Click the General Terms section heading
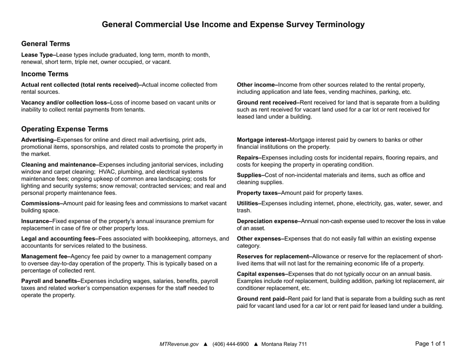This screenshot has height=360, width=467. (45, 44)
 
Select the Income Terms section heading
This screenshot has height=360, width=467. (45, 74)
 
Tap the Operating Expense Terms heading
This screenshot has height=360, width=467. (64, 129)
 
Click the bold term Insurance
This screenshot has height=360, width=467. (36, 221)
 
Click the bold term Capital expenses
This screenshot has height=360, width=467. (262, 274)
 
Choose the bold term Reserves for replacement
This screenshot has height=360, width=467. (274, 256)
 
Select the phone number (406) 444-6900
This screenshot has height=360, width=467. (231, 344)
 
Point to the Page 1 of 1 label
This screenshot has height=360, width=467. (430, 344)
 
